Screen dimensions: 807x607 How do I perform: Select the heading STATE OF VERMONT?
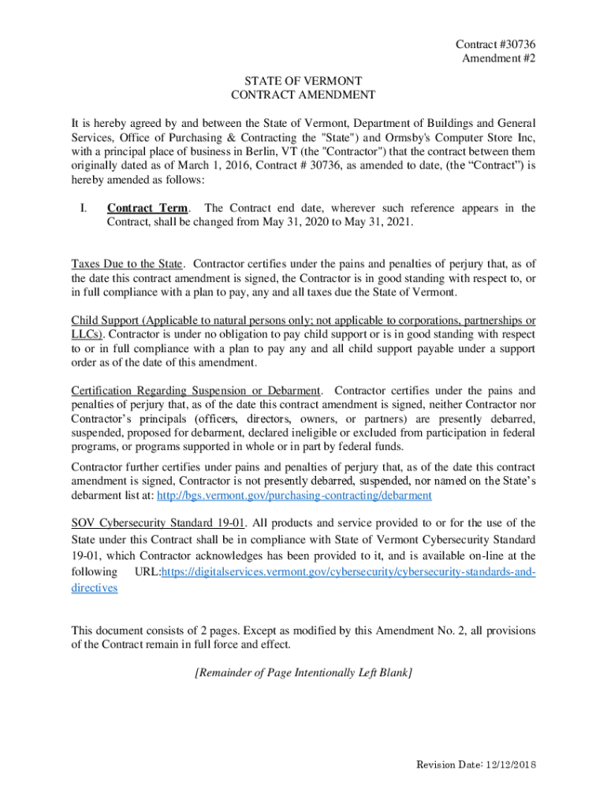303,80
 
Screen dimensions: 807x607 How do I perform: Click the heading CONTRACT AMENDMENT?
303,95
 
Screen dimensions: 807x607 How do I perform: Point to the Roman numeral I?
82,208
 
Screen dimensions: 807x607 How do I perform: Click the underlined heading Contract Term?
147,208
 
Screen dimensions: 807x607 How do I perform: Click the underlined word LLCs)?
87,334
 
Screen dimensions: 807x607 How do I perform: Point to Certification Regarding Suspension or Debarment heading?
196,391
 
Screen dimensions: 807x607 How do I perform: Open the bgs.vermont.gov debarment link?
295,496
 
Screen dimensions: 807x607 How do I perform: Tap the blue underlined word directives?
95,588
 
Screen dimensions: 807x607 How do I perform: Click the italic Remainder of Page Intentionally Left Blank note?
303,672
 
